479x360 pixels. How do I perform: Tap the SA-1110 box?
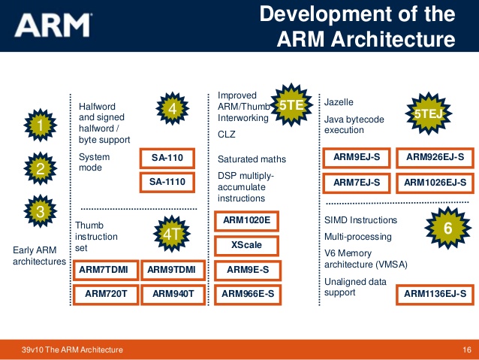(167, 182)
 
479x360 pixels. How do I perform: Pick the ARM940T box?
(174, 294)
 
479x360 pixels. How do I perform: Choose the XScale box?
(246, 245)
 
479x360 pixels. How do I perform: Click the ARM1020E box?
(246, 221)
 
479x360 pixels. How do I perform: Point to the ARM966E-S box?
(246, 294)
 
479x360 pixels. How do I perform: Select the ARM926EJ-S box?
(435, 158)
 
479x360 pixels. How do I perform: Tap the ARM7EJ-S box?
(356, 182)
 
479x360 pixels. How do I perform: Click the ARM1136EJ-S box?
(435, 294)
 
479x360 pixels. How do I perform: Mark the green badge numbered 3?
(40, 213)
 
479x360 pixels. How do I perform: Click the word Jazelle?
(339, 101)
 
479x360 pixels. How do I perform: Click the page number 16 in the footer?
(465, 350)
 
